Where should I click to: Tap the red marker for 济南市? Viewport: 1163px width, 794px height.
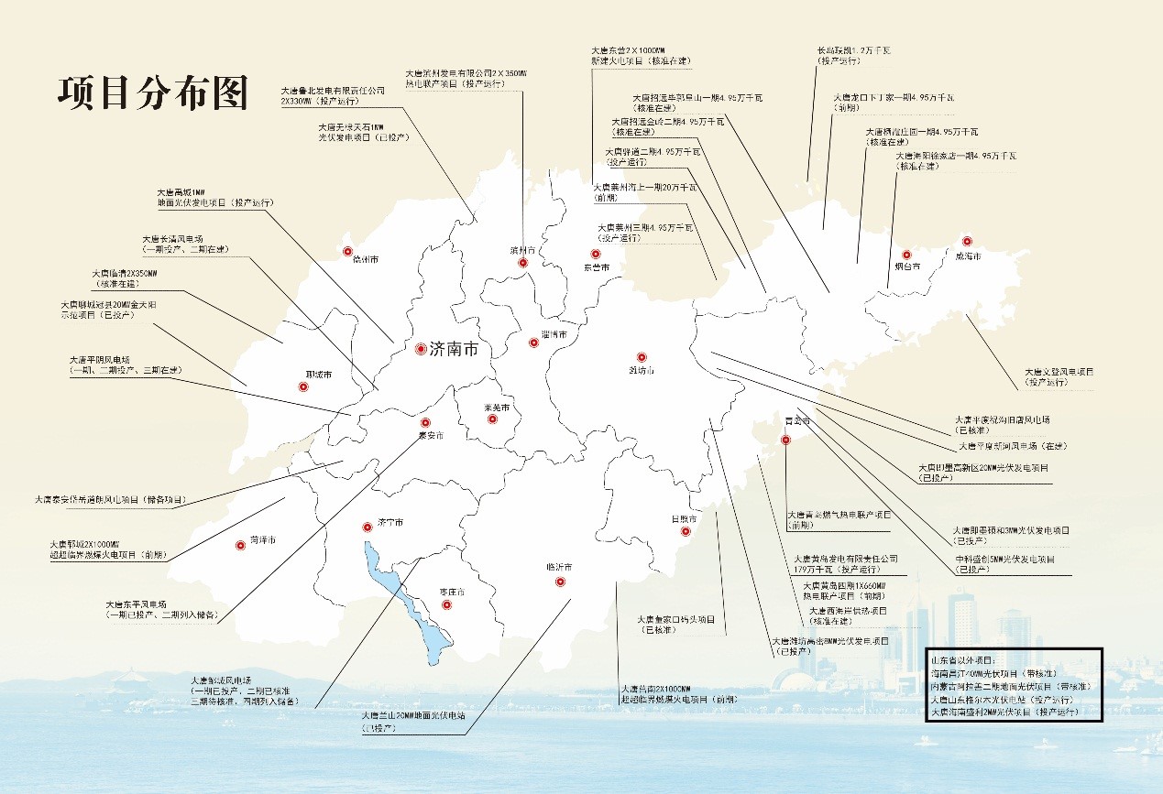coord(421,349)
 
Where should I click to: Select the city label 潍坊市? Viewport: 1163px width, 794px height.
coord(642,371)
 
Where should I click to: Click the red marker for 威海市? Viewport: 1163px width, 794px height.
coord(967,242)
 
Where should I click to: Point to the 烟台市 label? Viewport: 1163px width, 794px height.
coord(907,266)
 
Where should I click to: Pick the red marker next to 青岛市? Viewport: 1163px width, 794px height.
coord(785,441)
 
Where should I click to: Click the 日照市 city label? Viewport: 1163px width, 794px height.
coord(684,518)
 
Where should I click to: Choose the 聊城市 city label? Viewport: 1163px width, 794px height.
coord(318,375)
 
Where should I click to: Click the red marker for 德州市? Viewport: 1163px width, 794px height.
coord(347,252)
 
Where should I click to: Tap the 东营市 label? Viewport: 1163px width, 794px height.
coord(597,266)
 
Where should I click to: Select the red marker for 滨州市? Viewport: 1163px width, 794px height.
coord(522,263)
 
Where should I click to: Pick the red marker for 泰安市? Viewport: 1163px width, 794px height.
coord(424,423)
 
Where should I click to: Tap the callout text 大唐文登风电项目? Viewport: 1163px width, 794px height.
coord(1059,372)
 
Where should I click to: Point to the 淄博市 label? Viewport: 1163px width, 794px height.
coord(554,335)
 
